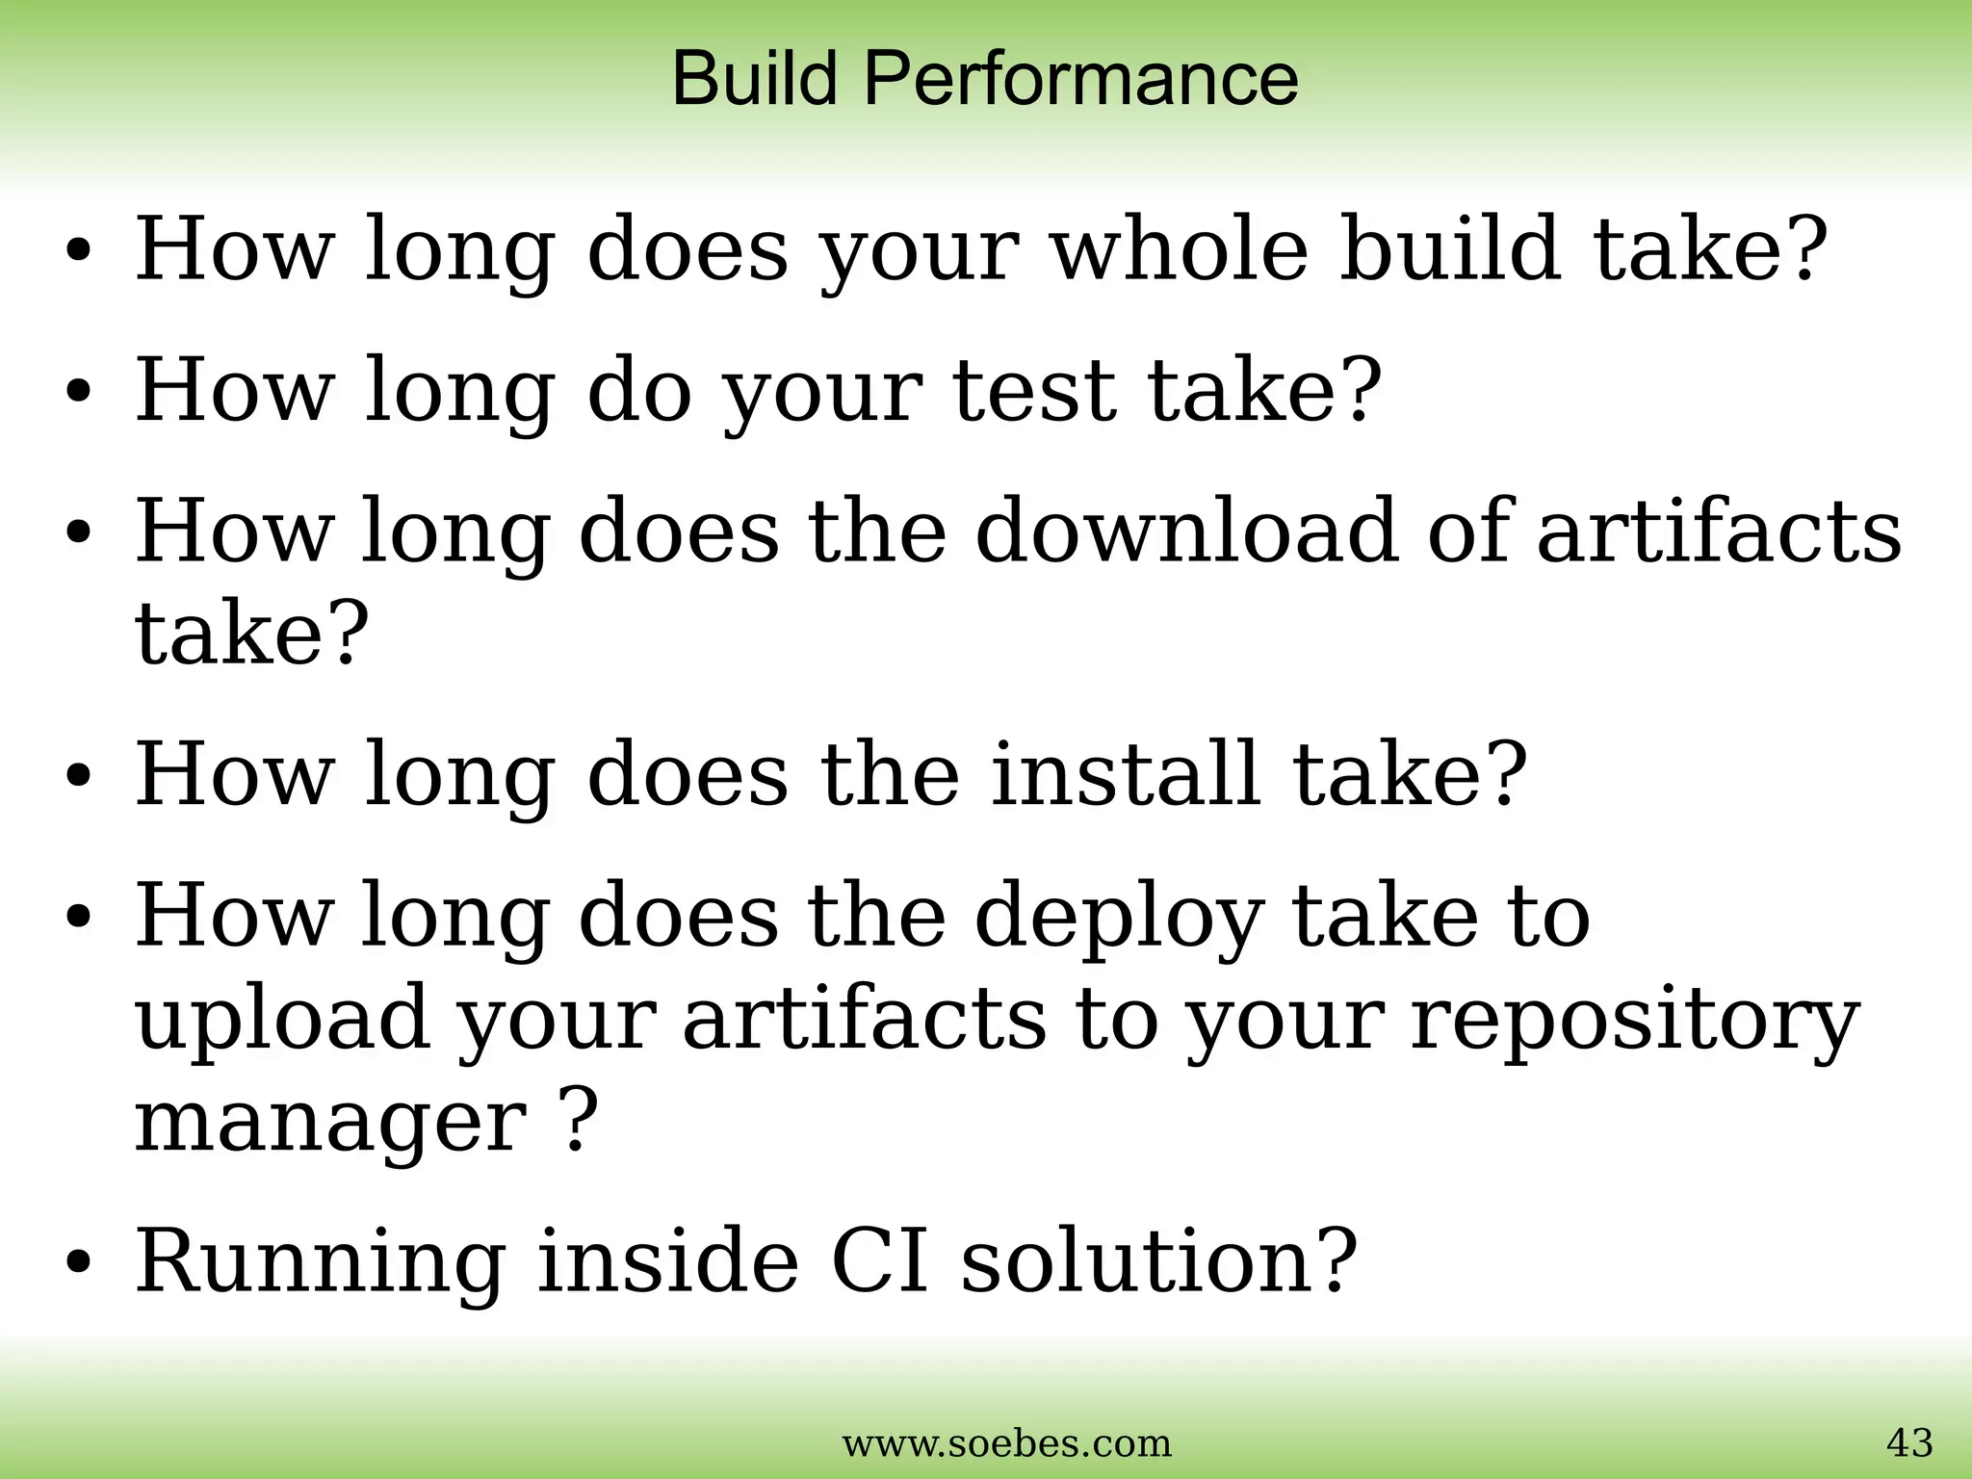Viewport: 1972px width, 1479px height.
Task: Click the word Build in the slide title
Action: [754, 78]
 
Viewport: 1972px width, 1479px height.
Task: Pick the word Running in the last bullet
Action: [321, 1263]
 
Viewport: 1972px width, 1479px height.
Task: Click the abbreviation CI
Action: [880, 1261]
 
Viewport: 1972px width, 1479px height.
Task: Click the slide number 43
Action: [1908, 1443]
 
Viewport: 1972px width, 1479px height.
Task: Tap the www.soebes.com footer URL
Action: [1007, 1444]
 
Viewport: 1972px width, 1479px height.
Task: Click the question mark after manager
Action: [572, 1123]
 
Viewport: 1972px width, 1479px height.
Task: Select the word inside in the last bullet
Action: [667, 1261]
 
